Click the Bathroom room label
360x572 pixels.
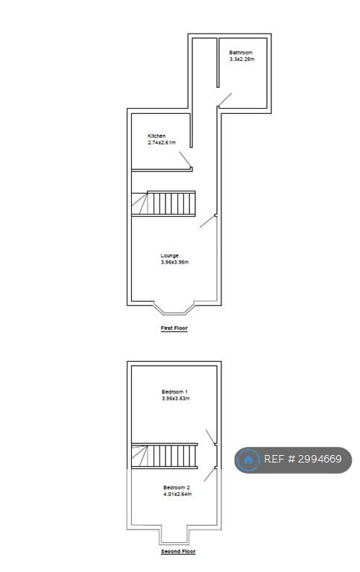pyautogui.click(x=241, y=53)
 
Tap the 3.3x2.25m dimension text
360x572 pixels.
pyautogui.click(x=241, y=59)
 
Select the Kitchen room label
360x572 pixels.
pyautogui.click(x=157, y=136)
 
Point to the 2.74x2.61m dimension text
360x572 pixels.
pyautogui.click(x=162, y=142)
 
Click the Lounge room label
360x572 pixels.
pyautogui.click(x=170, y=255)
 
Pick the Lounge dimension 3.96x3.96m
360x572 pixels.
pyautogui.click(x=175, y=262)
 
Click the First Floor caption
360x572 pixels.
pyautogui.click(x=174, y=328)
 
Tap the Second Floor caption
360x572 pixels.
pyautogui.click(x=179, y=551)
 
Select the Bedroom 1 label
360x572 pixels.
pyautogui.click(x=175, y=392)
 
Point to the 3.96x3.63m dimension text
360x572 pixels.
pyautogui.click(x=176, y=398)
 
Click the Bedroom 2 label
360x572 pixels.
pyautogui.click(x=177, y=487)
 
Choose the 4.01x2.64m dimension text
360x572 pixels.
pyautogui.click(x=178, y=494)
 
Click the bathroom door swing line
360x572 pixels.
pyautogui.click(x=225, y=100)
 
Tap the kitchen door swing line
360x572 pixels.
pyautogui.click(x=185, y=159)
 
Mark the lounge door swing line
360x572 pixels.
pyautogui.click(x=207, y=221)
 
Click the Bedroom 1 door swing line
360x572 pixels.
pyautogui.click(x=211, y=437)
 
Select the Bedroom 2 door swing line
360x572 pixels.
pyautogui.click(x=209, y=474)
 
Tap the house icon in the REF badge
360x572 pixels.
pyautogui.click(x=248, y=460)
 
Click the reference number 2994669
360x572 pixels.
pyautogui.click(x=320, y=459)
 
